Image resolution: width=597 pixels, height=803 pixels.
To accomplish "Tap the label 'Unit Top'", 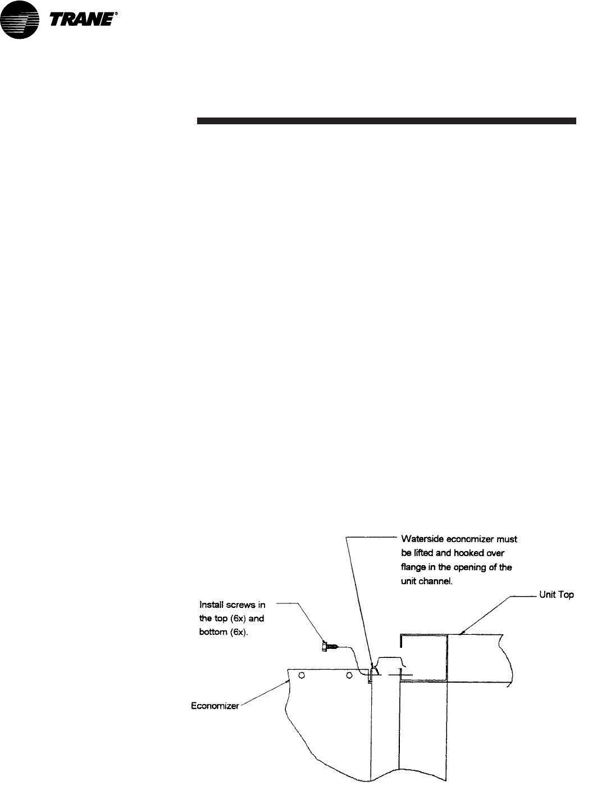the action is point(556,594).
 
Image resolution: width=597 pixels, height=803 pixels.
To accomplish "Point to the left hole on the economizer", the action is point(301,675).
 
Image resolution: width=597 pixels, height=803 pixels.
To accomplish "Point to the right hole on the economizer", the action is point(349,675).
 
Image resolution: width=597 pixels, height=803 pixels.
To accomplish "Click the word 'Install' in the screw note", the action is point(211,605).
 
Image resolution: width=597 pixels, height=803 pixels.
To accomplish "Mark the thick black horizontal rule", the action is point(386,120).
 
